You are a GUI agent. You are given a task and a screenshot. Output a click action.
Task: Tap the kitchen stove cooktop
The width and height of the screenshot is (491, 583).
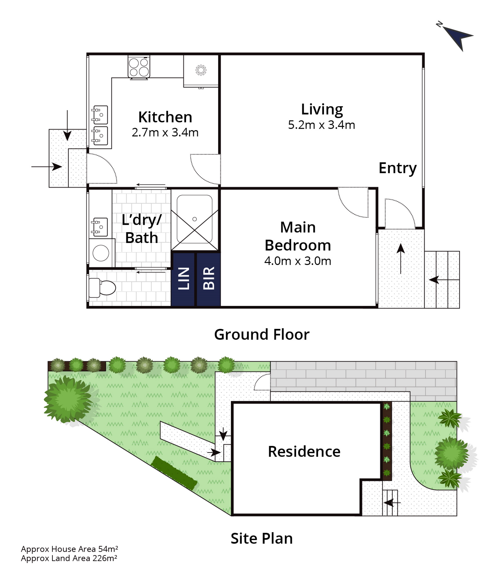point(139,67)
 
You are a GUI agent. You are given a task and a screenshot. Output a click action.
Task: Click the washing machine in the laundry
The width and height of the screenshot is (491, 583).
point(101,253)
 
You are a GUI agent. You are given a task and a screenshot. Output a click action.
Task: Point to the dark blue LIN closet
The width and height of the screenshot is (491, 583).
point(183,279)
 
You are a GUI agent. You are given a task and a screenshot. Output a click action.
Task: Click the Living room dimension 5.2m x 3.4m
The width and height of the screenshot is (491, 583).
point(322,125)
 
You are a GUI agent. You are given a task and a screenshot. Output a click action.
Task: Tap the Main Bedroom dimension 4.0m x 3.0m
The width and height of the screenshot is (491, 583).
point(297,261)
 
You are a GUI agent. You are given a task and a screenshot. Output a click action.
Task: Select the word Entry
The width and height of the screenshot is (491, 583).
point(397,168)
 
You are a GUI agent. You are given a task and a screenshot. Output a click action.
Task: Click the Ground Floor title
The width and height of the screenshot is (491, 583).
point(262,334)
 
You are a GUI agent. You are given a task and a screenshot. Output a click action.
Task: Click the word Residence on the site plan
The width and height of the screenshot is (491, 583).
point(304,451)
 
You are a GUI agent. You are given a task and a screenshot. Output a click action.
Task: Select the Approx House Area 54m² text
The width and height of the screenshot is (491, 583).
point(69,549)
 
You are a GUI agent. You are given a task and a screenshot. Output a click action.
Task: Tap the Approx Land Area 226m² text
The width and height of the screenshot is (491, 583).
point(69,558)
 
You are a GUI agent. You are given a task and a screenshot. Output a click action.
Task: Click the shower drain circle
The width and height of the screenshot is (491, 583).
point(195,219)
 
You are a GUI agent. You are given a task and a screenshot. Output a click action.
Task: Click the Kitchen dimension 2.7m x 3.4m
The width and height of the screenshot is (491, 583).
point(165,132)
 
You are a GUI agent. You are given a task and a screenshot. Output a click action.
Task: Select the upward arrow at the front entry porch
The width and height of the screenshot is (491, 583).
point(401,259)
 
